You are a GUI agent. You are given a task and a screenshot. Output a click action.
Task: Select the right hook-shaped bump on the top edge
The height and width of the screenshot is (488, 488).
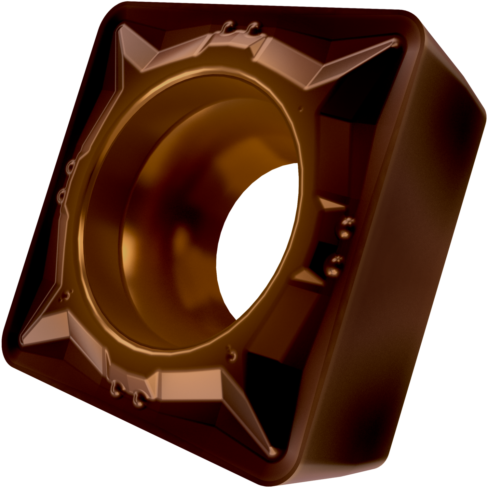pos(254,27)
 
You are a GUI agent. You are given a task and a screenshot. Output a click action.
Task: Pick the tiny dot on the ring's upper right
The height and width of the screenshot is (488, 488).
pos(301,109)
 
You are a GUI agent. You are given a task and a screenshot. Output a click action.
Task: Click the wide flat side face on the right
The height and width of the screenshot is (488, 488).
pos(407,260)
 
